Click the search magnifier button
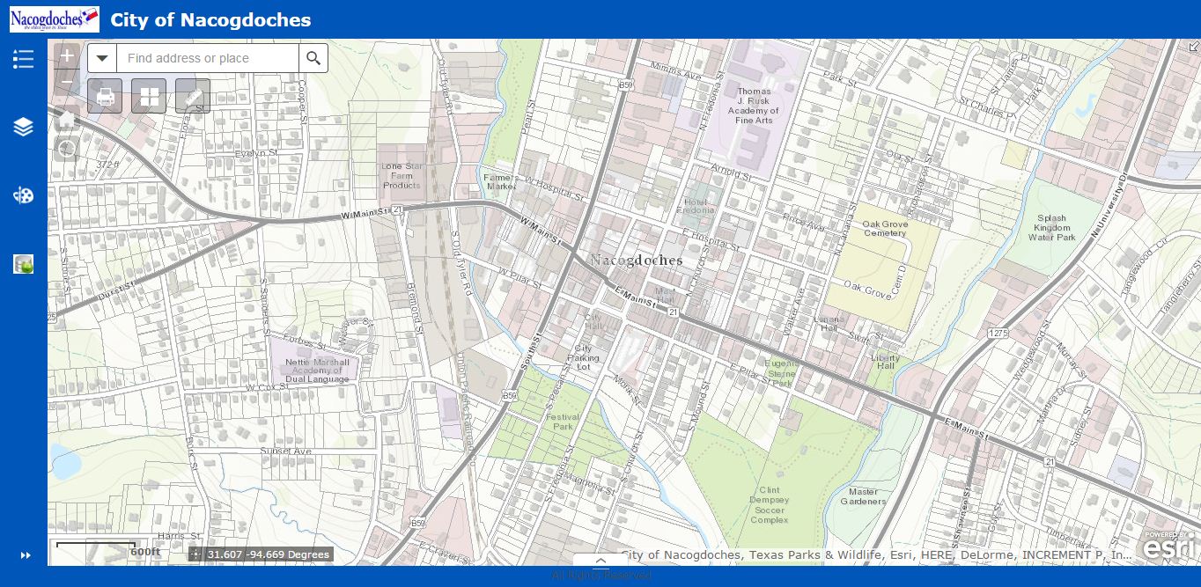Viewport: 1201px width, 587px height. pyautogui.click(x=313, y=58)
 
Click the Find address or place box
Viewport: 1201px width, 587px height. pyautogui.click(x=207, y=58)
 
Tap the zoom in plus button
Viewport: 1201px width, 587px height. pyautogui.click(x=67, y=55)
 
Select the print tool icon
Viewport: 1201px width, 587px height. pyautogui.click(x=105, y=96)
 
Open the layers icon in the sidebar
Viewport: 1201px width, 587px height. pyautogui.click(x=23, y=127)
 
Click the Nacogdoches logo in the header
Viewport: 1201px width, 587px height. pyautogui.click(x=54, y=18)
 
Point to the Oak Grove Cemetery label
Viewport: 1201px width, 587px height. pyautogui.click(x=885, y=229)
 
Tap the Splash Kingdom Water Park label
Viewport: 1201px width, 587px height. pyautogui.click(x=1051, y=227)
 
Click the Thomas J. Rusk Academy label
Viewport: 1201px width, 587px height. pyautogui.click(x=754, y=106)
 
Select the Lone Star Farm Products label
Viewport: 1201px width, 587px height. pyautogui.click(x=402, y=175)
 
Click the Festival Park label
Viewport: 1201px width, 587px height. pyautogui.click(x=561, y=422)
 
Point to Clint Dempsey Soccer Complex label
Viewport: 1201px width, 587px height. pyautogui.click(x=769, y=504)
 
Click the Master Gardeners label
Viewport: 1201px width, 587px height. pyautogui.click(x=863, y=496)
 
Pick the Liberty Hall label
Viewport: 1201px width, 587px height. pyautogui.click(x=885, y=361)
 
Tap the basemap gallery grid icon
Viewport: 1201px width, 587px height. pyautogui.click(x=149, y=96)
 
